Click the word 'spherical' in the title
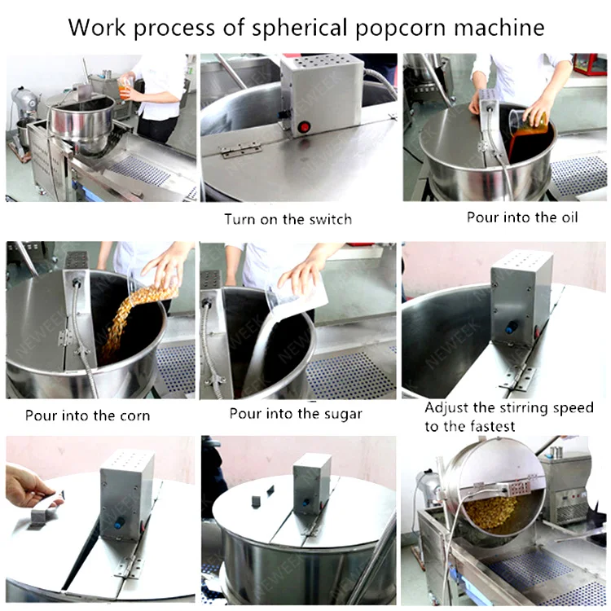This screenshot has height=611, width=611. coord(300,28)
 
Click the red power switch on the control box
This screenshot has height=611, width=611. coord(304,127)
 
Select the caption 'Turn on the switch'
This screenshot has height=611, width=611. coord(288,219)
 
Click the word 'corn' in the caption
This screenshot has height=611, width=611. coord(134,416)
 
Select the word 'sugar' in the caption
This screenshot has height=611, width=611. coord(341,414)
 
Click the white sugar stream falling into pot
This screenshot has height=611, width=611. coord(265,343)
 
